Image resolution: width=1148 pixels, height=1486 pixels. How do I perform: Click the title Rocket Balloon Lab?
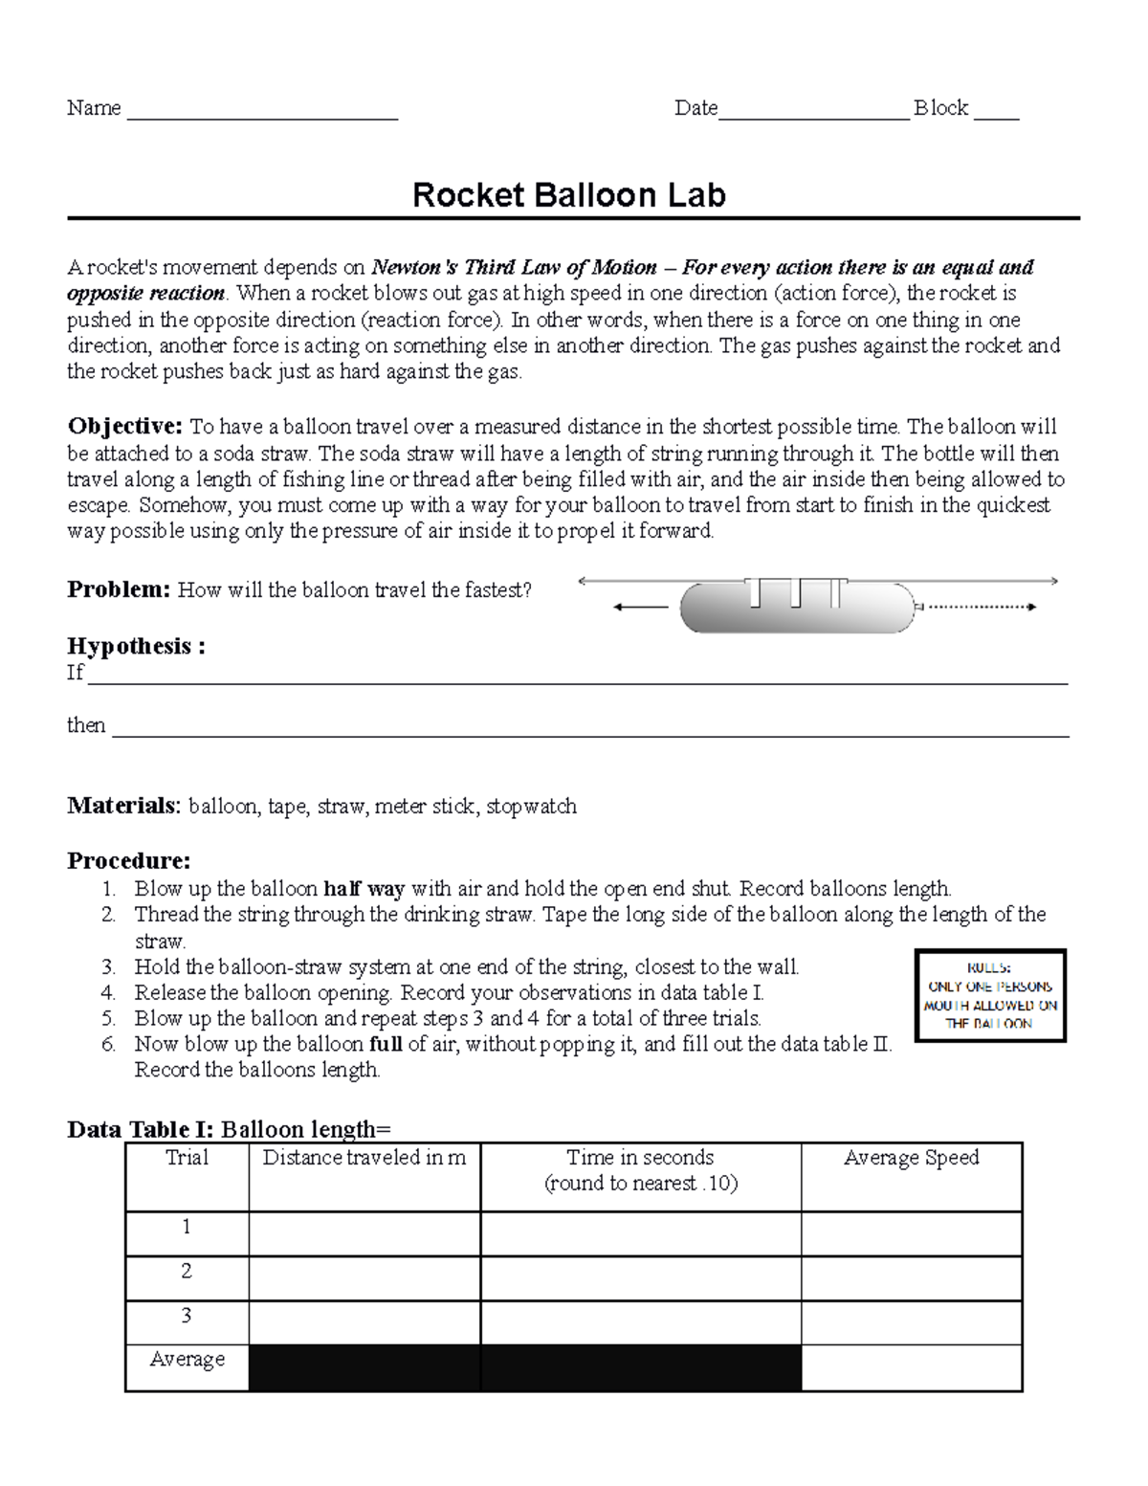tap(568, 195)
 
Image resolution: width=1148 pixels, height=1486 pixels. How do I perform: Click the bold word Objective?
tap(124, 427)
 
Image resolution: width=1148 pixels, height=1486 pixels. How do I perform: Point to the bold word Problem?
tap(119, 590)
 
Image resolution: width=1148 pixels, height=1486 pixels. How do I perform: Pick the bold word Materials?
tap(123, 807)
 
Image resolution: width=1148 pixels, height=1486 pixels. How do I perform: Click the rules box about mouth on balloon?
tap(990, 996)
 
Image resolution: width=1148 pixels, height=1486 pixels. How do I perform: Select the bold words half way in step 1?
tap(364, 889)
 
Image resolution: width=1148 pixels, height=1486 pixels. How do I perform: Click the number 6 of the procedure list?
tap(108, 1045)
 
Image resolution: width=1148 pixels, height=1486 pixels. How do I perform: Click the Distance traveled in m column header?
tap(364, 1159)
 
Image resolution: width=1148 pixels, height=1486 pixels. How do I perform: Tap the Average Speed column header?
tap(911, 1159)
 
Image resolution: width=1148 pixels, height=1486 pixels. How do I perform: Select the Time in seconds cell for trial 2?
tap(640, 1278)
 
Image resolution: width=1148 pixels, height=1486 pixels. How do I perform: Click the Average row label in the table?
tap(187, 1360)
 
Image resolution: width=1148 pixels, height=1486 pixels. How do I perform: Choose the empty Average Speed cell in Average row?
tap(911, 1367)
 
